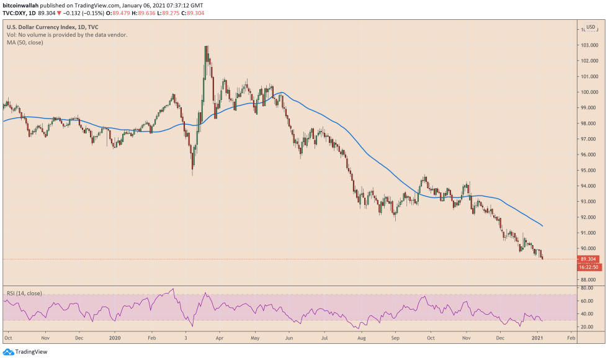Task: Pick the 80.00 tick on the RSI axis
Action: coord(586,288)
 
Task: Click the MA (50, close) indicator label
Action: coord(25,43)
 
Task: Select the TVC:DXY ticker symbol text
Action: coord(17,12)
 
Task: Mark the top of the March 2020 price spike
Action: coord(205,46)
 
